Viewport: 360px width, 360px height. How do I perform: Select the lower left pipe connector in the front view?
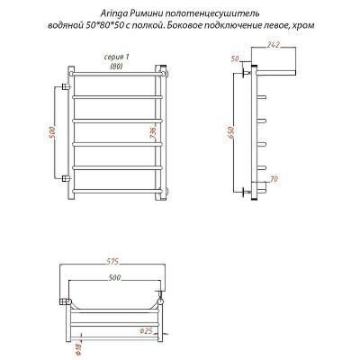click(65, 179)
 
